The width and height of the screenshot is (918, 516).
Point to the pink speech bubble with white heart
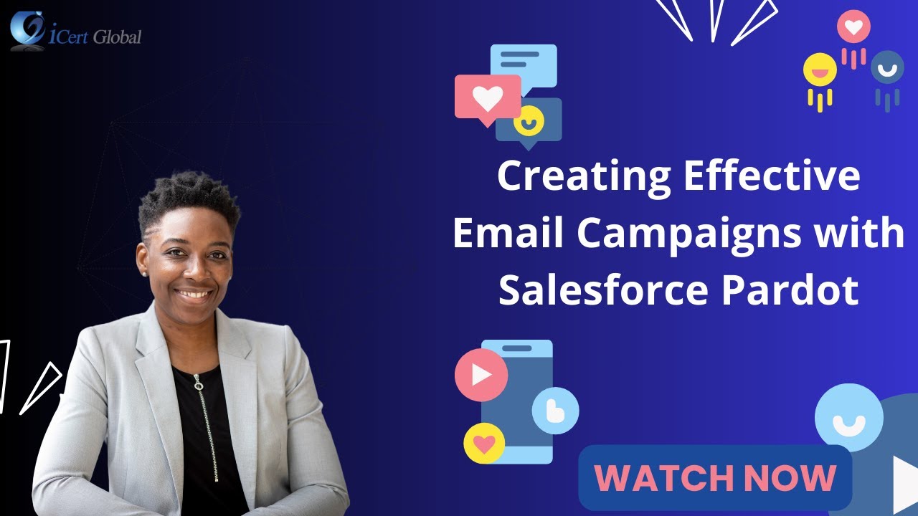pos(487,98)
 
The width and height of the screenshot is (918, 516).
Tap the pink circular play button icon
pos(481,375)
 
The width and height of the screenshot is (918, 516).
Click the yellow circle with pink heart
pos(484,444)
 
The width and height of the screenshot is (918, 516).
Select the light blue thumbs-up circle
pos(555,411)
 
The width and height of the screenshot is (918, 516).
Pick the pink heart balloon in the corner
pos(853,27)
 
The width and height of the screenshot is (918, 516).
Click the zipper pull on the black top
pos(199,385)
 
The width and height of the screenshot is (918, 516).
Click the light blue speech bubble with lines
pos(524,66)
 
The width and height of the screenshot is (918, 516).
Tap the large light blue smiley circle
pos(848,418)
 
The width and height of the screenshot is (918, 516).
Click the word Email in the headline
pos(508,234)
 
